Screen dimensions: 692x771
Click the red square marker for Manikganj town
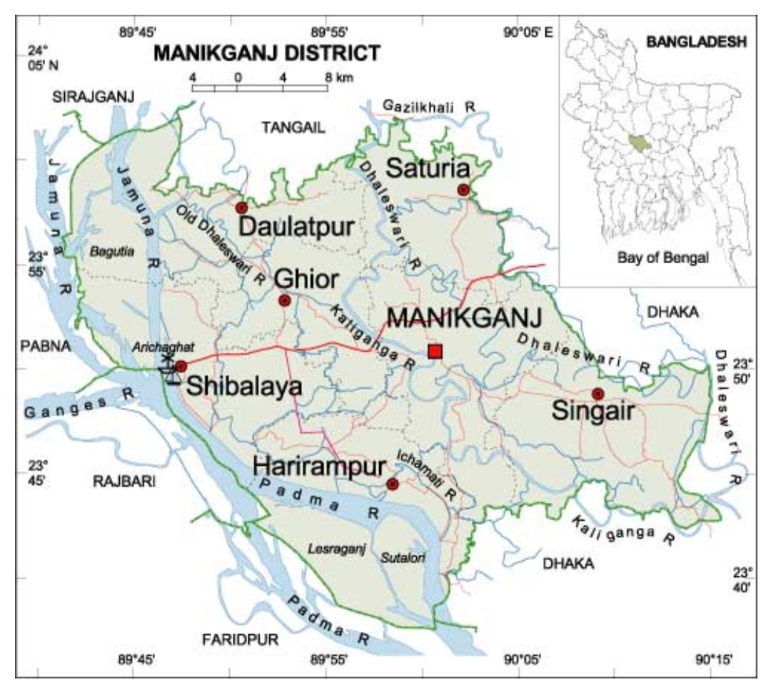click(x=435, y=351)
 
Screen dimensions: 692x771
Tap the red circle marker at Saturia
click(x=463, y=190)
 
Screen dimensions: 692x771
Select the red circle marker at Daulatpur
click(x=241, y=208)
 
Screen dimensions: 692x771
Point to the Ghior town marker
click(x=284, y=300)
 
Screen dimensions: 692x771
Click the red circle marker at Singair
click(x=598, y=394)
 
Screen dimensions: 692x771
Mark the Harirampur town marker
click(x=392, y=484)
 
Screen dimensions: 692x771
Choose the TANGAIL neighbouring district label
click(x=293, y=128)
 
